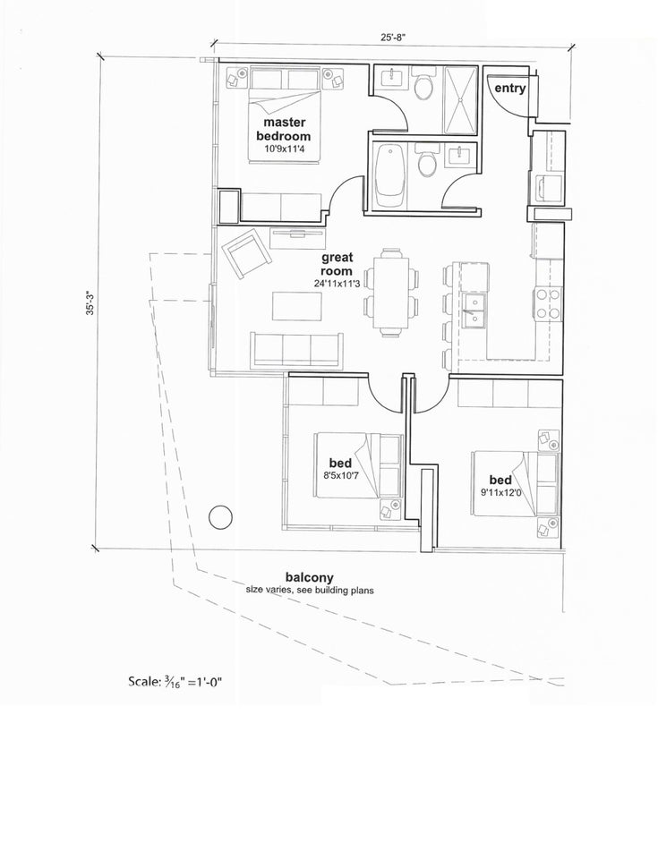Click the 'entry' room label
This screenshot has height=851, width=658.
click(x=509, y=89)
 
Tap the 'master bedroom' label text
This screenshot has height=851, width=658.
click(x=284, y=129)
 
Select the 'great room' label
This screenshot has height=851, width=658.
click(x=337, y=264)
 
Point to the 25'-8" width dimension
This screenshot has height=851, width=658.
click(x=393, y=38)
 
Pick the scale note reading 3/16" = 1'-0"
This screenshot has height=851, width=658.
click(x=175, y=681)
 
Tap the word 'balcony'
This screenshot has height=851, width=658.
click(x=310, y=577)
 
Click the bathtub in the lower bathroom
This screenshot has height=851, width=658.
click(x=390, y=175)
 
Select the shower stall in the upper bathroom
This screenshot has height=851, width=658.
click(x=461, y=100)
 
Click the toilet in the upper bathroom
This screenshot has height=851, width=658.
click(x=423, y=83)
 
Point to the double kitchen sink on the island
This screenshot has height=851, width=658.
click(x=474, y=311)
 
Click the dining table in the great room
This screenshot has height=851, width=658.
click(x=391, y=294)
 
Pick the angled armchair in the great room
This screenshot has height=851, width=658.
click(x=246, y=253)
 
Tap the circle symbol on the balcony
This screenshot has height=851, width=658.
click(x=220, y=517)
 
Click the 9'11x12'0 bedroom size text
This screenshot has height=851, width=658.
click(x=500, y=492)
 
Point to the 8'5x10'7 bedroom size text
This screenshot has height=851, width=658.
click(x=341, y=475)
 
